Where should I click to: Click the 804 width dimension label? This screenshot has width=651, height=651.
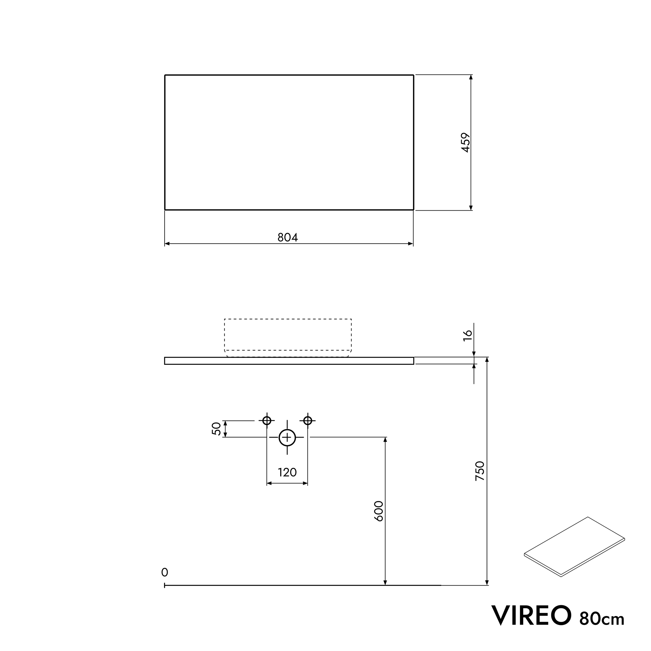click(x=287, y=237)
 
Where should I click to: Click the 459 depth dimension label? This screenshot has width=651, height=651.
click(x=466, y=142)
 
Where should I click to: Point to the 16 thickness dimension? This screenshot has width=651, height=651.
click(x=468, y=335)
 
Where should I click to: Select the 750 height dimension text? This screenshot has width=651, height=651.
click(x=479, y=471)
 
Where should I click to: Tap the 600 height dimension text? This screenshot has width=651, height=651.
click(x=379, y=511)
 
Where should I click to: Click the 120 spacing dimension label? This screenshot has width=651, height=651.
click(x=287, y=472)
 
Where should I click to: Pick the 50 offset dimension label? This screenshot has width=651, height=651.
click(x=216, y=429)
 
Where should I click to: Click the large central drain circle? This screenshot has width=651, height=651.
click(x=287, y=437)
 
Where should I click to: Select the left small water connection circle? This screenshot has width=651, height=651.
click(x=267, y=421)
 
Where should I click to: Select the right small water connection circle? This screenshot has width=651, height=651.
click(x=307, y=421)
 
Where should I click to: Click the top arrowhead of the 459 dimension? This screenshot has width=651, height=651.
click(x=471, y=77)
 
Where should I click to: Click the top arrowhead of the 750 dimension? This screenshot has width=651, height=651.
click(x=487, y=360)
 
